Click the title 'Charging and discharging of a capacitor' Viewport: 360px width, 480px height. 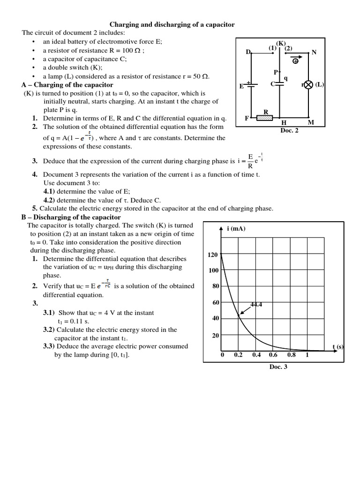(x=172, y=24)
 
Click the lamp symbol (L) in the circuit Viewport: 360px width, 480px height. (x=308, y=85)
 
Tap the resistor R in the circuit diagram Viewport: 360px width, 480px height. (x=265, y=119)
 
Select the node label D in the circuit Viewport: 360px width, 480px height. (x=248, y=52)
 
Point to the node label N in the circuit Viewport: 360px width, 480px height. (x=314, y=52)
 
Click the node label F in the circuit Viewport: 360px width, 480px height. (x=247, y=118)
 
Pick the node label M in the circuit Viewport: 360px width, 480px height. (x=311, y=123)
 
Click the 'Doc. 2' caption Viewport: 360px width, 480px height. (x=289, y=130)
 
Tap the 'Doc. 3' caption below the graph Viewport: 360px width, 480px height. (x=278, y=367)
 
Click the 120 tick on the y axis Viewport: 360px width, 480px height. (x=213, y=255)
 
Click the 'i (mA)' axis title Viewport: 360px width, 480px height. (x=236, y=228)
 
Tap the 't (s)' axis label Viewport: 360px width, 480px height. (x=338, y=347)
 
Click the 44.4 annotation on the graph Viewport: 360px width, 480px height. (x=256, y=305)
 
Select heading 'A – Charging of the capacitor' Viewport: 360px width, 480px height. (x=67, y=85)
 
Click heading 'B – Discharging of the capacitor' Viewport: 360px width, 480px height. (x=71, y=217)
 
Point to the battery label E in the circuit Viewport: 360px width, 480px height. (x=241, y=86)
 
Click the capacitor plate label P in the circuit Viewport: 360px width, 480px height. (x=276, y=72)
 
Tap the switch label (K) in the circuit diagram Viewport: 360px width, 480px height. (x=281, y=44)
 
